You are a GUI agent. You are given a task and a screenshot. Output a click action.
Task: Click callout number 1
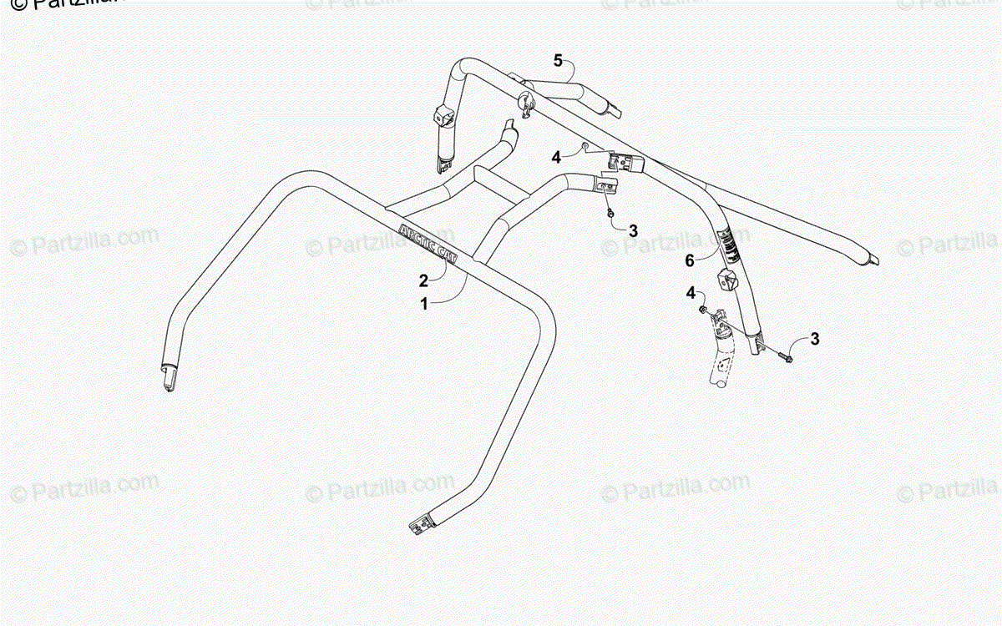[x=424, y=305]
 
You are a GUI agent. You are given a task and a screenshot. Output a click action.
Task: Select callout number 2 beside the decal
[x=424, y=280]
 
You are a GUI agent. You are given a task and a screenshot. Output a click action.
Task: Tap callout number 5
[x=559, y=59]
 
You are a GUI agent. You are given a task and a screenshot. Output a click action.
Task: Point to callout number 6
[x=690, y=260]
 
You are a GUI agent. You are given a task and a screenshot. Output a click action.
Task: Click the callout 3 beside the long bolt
[x=815, y=339]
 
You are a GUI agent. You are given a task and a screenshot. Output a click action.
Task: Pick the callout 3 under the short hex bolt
[x=633, y=230]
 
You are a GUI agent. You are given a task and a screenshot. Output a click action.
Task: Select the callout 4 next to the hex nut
[x=555, y=155]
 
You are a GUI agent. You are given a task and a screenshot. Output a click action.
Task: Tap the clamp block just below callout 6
[x=726, y=280]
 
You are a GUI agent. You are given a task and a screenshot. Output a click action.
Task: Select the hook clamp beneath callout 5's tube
[x=526, y=106]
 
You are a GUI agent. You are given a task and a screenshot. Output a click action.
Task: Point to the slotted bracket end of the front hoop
[x=421, y=523]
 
